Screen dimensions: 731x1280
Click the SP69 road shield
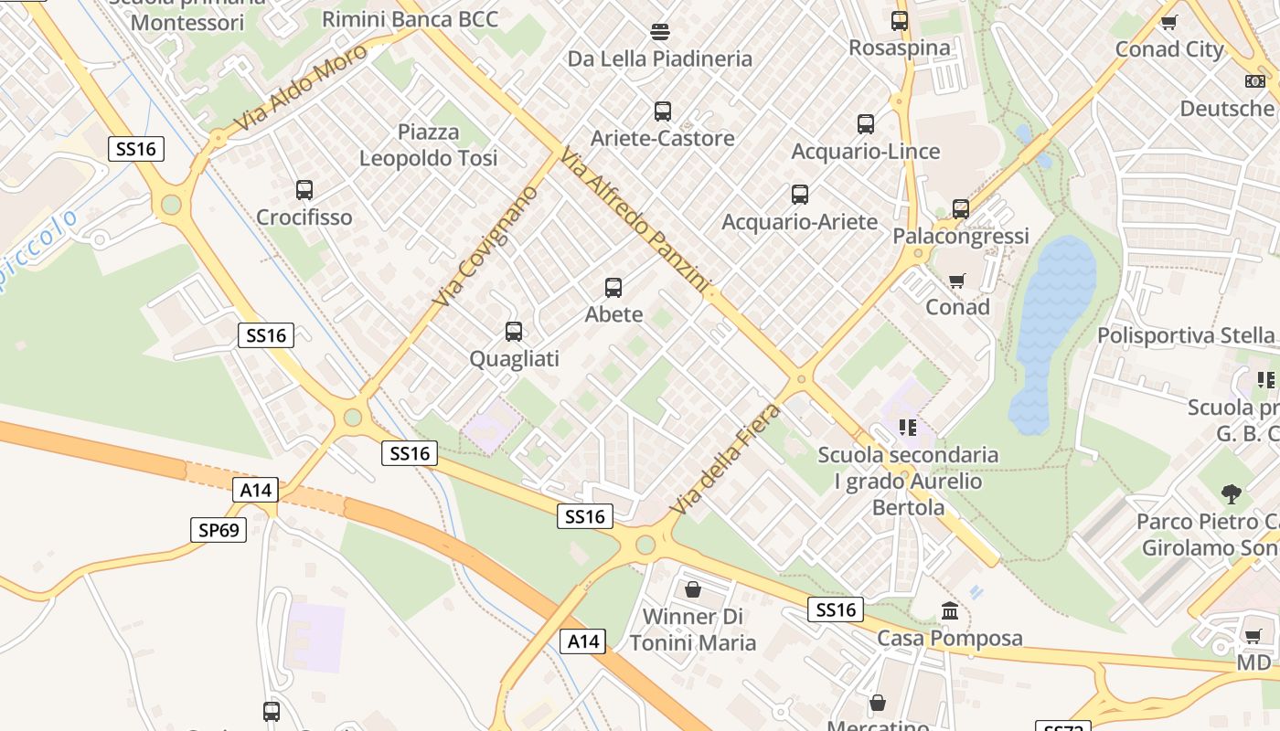pos(219,529)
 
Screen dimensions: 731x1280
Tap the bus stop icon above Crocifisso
pos(304,190)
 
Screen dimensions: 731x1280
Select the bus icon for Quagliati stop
pos(514,332)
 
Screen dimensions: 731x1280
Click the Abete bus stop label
pos(613,314)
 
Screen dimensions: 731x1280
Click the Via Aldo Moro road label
pos(301,87)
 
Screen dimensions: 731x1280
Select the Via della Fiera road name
pos(726,459)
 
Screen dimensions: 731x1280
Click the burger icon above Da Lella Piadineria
pos(660,33)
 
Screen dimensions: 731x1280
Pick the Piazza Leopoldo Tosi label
pos(428,145)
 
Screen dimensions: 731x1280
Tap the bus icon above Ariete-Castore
pos(663,111)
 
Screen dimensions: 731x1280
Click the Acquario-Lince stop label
pos(865,151)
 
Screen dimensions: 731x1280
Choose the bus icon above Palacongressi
pos(961,208)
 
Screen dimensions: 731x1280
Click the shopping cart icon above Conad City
pos(1168,22)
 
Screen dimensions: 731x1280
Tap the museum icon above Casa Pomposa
pos(950,610)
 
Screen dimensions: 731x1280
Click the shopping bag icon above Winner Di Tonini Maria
pos(693,589)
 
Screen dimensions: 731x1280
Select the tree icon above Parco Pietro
pos(1232,494)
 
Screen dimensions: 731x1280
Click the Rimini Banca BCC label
pos(411,19)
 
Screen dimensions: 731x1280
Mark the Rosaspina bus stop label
pos(900,48)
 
